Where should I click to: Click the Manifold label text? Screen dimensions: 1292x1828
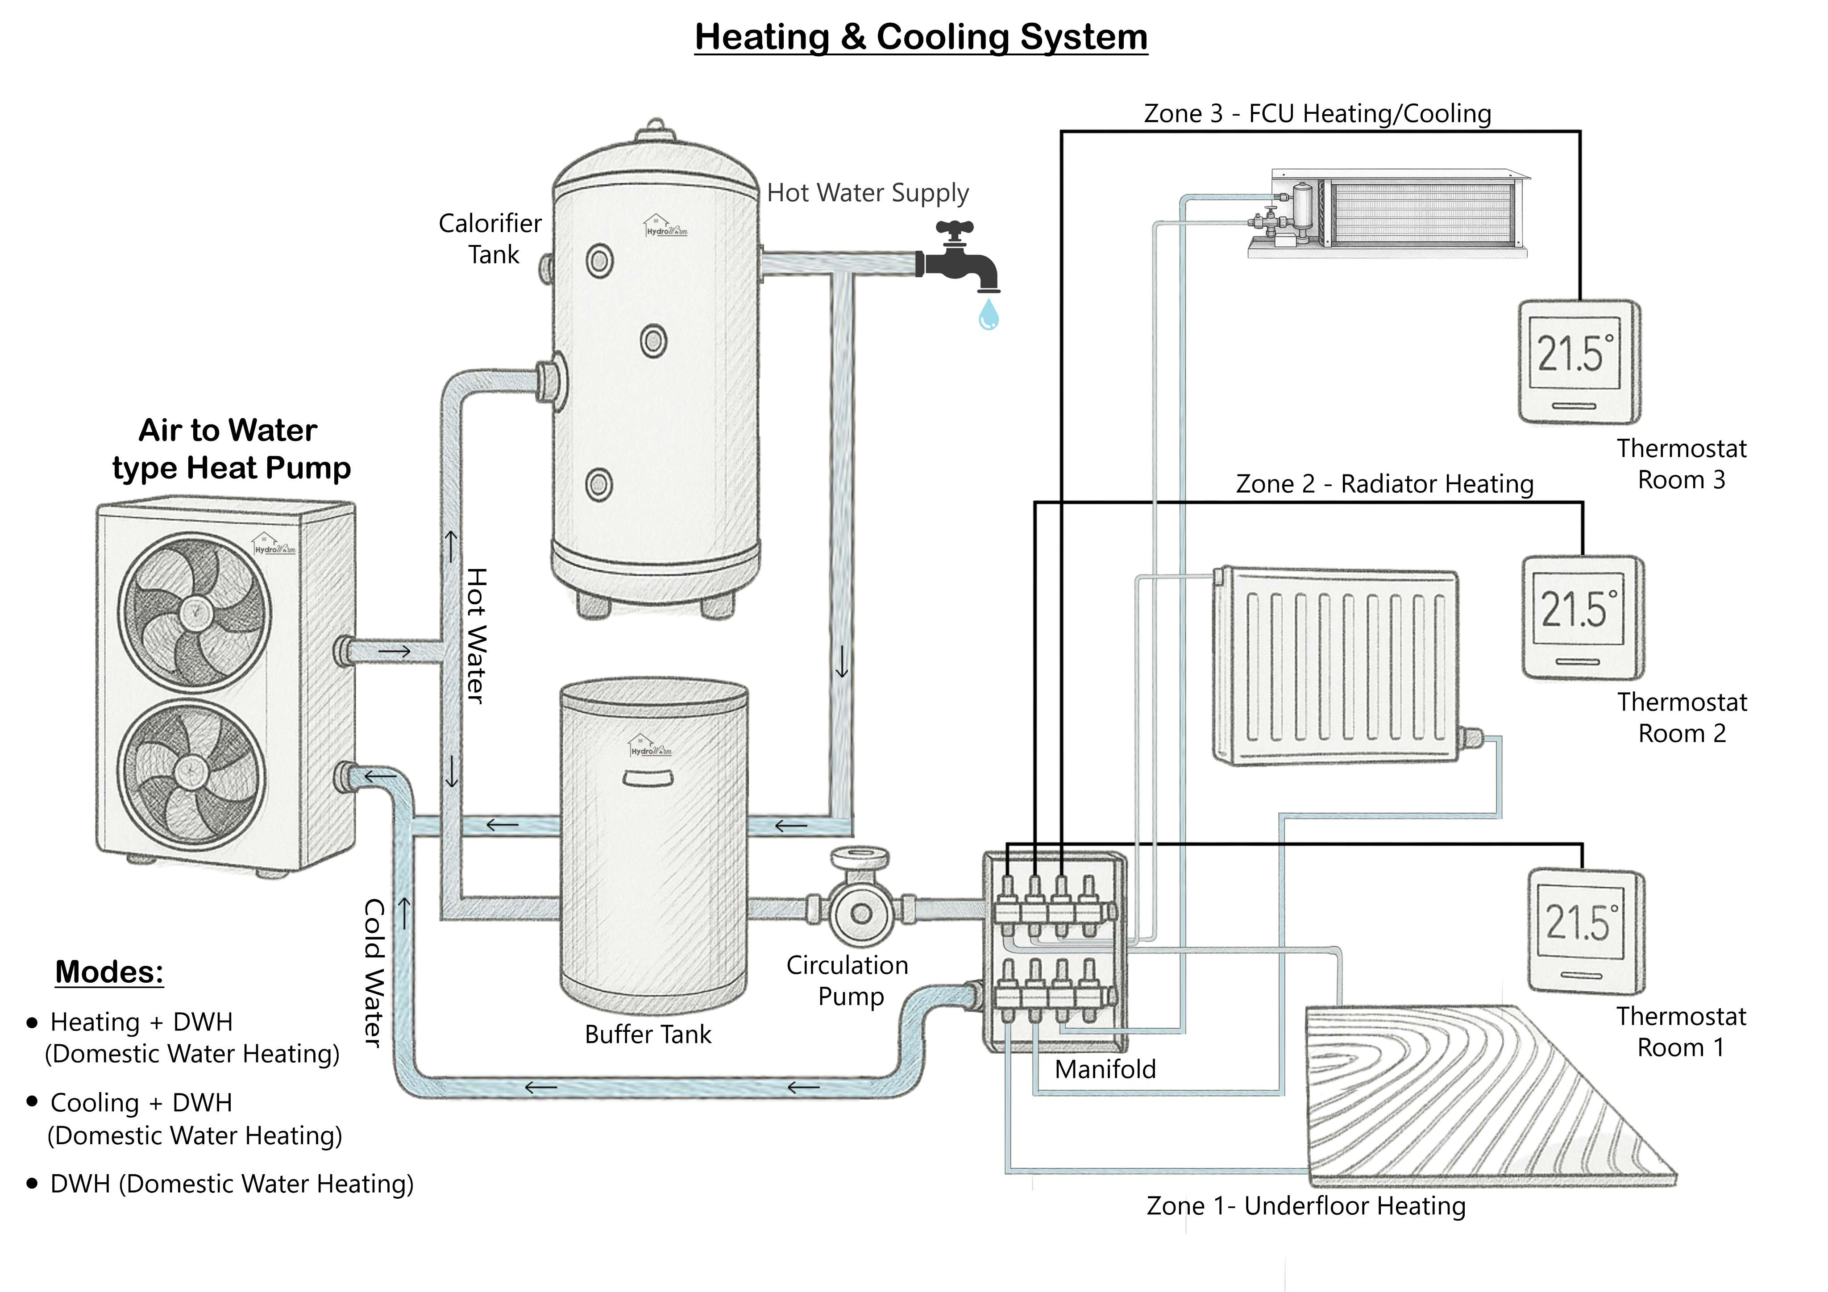pos(1105,1069)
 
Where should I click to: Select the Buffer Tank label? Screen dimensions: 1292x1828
pos(647,1034)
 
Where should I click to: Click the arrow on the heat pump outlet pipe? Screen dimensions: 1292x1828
pos(394,651)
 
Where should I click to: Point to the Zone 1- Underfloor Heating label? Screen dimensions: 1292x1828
pos(1306,1205)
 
